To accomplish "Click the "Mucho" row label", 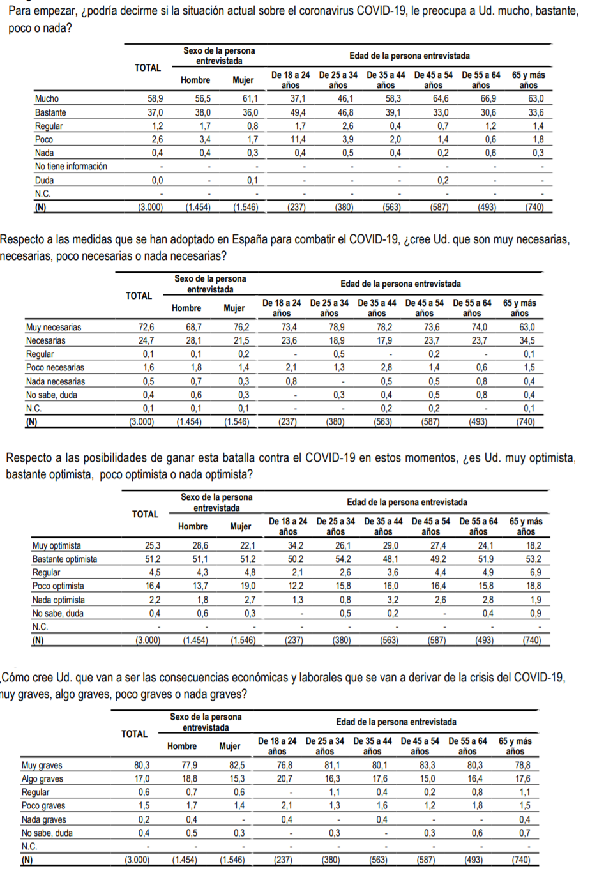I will (47, 99).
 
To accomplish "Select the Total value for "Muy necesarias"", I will (146, 327).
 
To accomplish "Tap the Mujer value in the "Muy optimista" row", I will (247, 545).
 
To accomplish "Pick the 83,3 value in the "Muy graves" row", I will (427, 765).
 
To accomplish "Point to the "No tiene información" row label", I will (71, 167).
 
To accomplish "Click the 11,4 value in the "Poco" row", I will (298, 139).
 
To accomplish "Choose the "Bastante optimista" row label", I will (65, 559).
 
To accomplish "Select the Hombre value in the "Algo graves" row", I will (190, 778).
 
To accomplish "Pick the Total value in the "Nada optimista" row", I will (154, 600).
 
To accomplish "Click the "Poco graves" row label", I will (43, 806).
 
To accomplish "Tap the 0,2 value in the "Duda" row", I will (442, 180).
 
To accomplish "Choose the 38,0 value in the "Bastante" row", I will (203, 112).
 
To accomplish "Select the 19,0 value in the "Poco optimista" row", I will (247, 586).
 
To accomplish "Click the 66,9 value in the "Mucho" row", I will (488, 99).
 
